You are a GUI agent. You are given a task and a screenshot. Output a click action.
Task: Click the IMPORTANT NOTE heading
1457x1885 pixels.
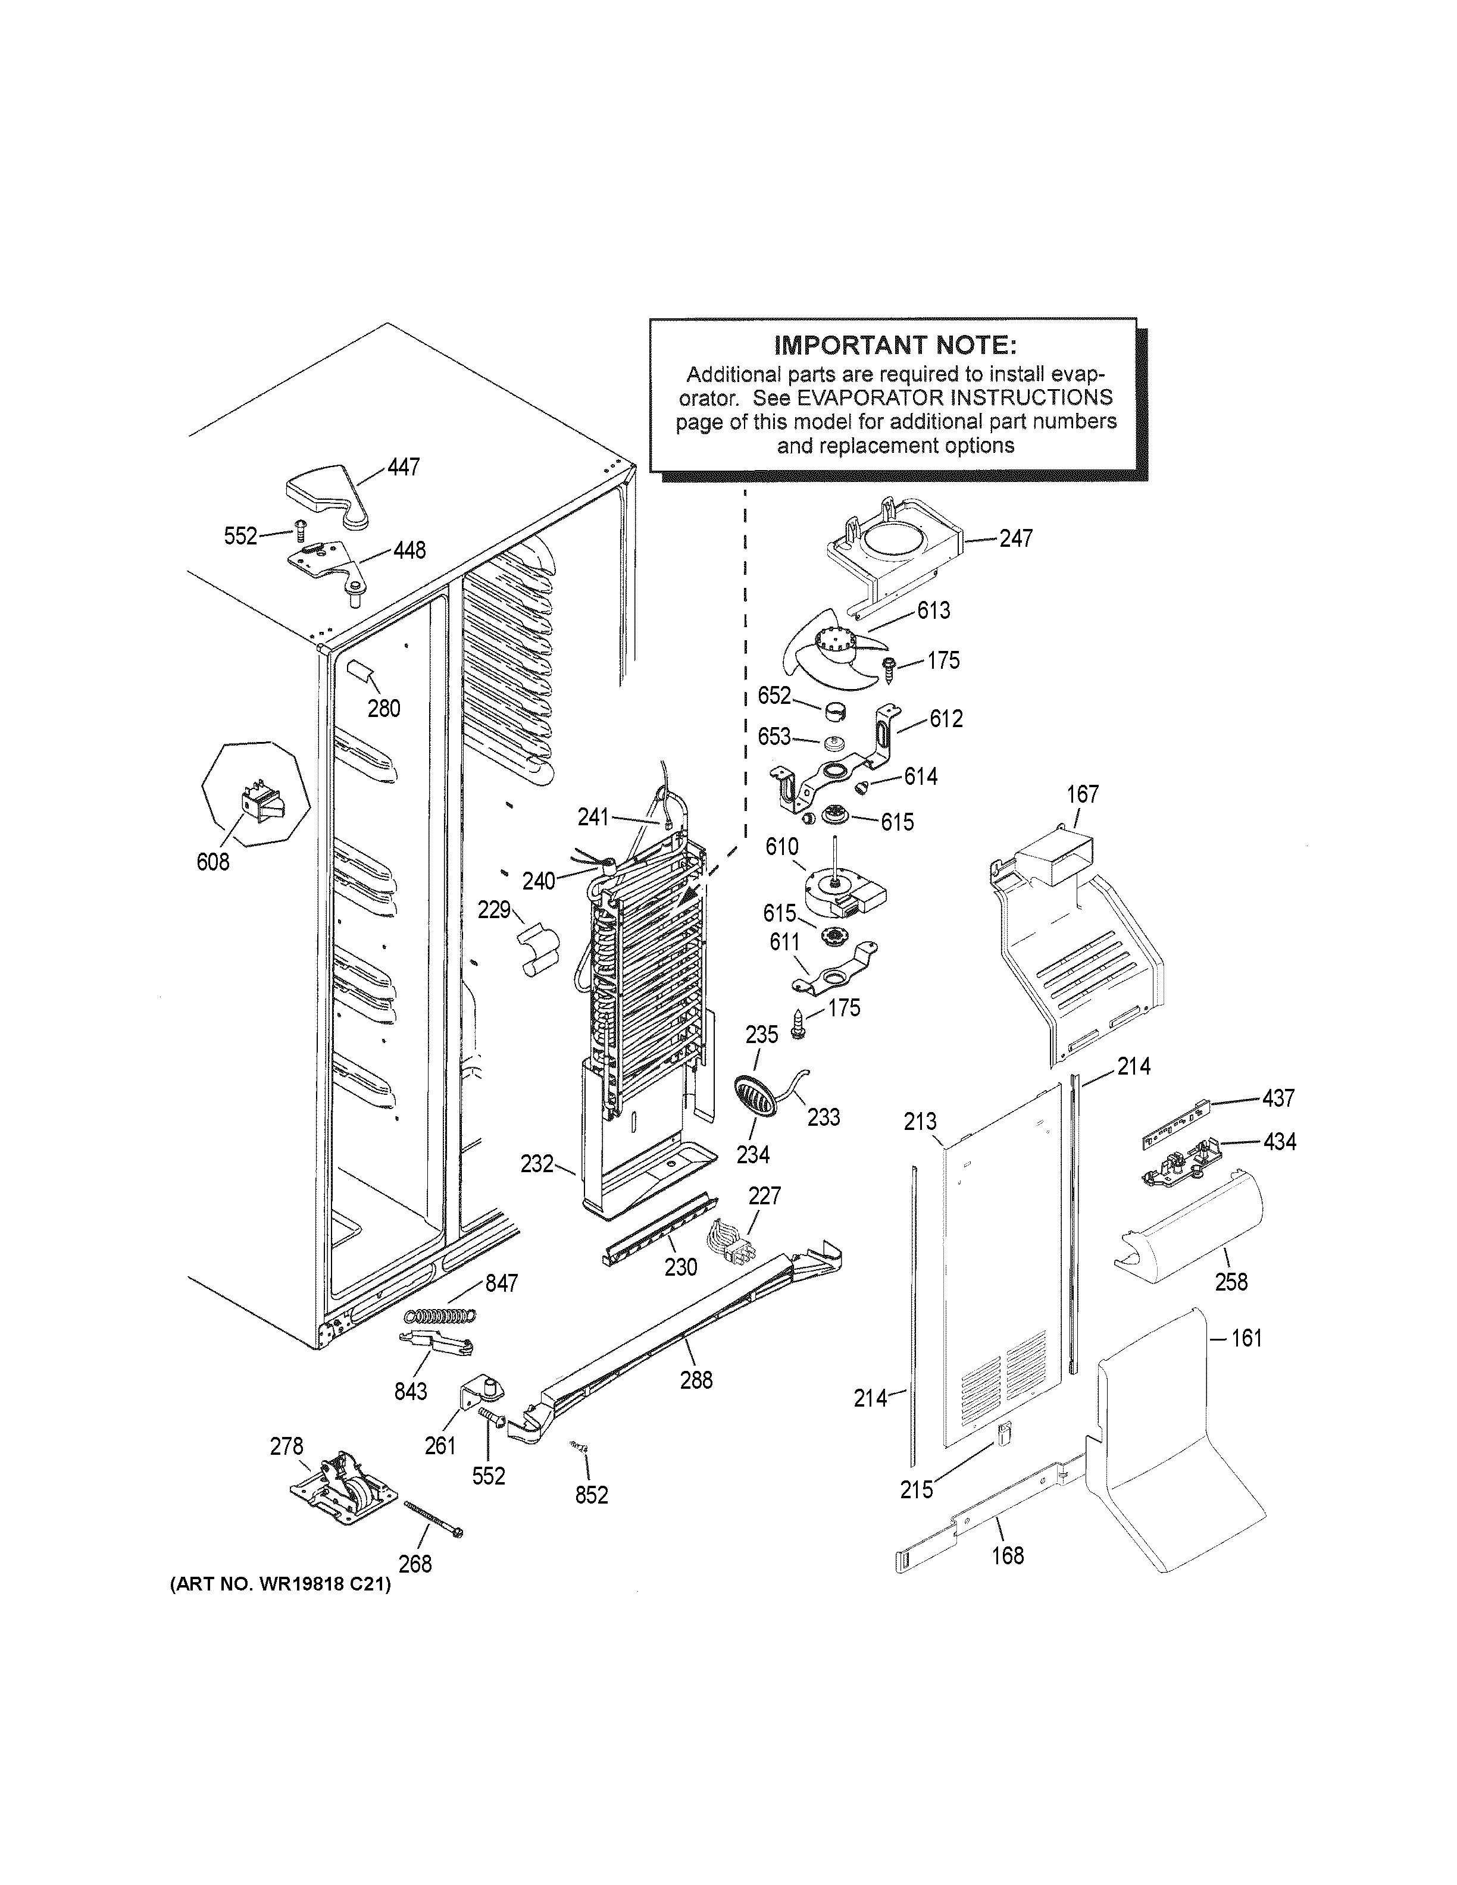895,346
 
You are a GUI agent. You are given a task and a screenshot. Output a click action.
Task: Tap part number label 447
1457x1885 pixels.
402,467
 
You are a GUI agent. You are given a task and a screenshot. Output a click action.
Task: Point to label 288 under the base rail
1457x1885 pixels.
696,1379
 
